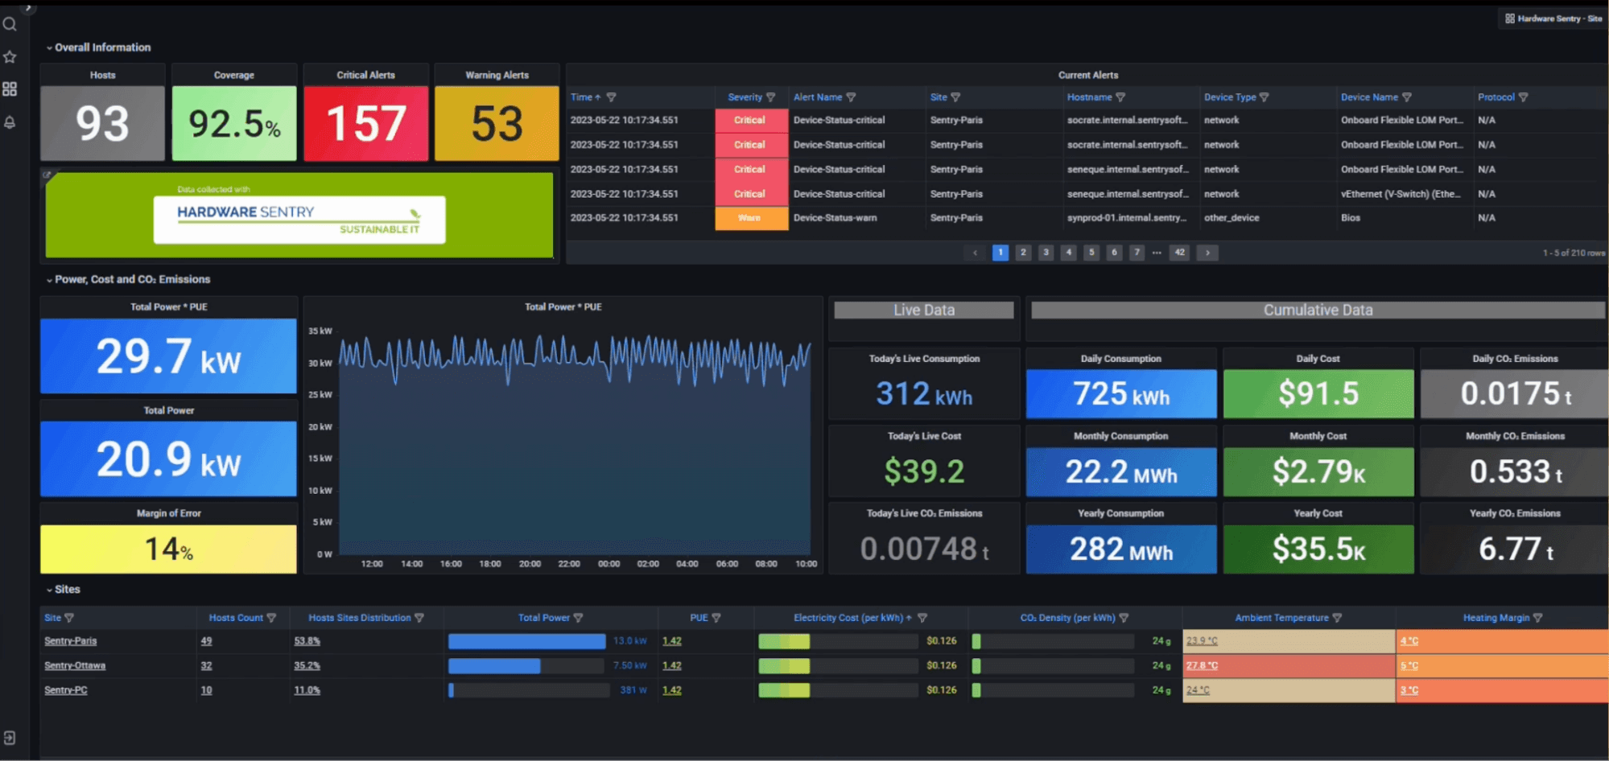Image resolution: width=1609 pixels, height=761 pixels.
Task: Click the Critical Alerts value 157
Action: tap(365, 124)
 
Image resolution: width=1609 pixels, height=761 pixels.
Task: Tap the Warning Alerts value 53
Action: tap(497, 124)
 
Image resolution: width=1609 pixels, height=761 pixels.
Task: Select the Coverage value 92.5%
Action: tap(234, 124)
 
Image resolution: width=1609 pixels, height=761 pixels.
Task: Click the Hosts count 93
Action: tap(102, 124)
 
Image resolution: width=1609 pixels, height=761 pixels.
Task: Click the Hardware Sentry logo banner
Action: tap(299, 219)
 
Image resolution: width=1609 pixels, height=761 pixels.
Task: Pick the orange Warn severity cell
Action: tap(750, 218)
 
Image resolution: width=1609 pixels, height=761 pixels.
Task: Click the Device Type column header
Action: tap(1230, 97)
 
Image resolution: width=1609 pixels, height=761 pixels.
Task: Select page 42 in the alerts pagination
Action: tap(1179, 253)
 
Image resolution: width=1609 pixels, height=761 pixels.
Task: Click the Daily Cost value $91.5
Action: tap(1318, 393)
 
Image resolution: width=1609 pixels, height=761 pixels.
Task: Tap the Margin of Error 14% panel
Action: tap(168, 549)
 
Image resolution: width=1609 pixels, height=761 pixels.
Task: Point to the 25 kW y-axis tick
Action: tap(320, 395)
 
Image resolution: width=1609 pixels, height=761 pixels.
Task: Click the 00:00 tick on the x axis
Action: tap(609, 564)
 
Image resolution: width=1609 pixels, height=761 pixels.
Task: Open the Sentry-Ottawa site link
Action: tap(75, 666)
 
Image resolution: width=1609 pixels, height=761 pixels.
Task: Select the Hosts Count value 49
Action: tap(206, 641)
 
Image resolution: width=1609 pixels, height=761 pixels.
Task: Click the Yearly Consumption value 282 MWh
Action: tap(1120, 549)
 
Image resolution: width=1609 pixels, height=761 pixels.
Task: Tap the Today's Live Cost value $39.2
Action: tap(924, 471)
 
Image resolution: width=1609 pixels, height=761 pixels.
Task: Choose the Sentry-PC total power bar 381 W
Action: tap(528, 690)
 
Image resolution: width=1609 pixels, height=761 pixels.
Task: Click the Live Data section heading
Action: tap(923, 311)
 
